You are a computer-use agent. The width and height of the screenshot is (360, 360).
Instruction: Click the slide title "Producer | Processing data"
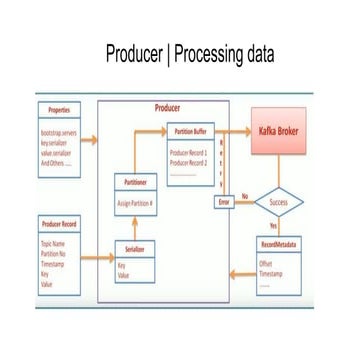click(181, 54)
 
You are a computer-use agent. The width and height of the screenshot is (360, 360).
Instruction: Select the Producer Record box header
click(59, 223)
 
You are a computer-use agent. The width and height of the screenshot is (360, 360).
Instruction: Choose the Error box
click(224, 202)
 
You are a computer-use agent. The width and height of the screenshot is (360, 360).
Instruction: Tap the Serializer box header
click(136, 246)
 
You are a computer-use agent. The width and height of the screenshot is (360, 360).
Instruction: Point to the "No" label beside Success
click(245, 195)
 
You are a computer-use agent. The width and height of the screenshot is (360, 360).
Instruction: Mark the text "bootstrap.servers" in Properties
click(61, 131)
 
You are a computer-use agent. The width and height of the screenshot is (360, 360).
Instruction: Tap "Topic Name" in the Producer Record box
click(54, 243)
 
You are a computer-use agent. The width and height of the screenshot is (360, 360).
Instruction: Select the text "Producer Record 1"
click(190, 149)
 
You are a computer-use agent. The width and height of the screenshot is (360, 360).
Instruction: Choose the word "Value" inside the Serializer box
click(125, 274)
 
